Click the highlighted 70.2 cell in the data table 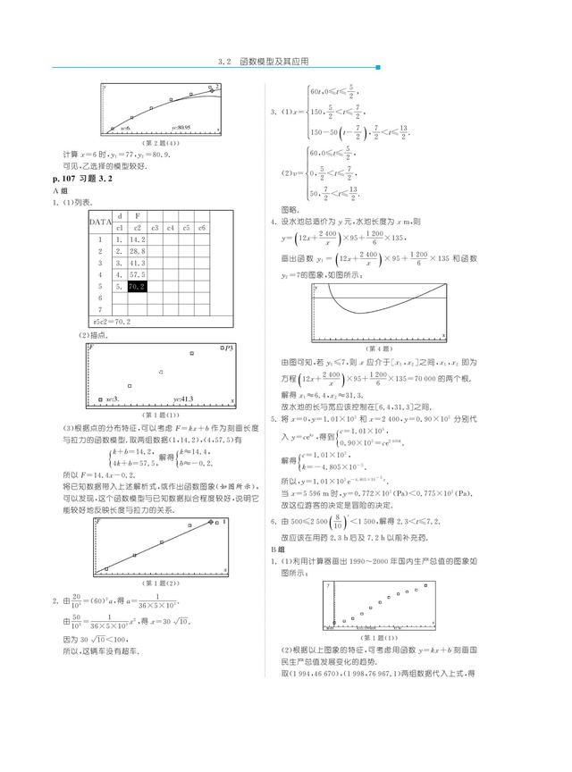click(137, 287)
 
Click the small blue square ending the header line click(377, 67)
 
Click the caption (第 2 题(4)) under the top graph click(162, 141)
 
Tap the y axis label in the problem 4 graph click(315, 289)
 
